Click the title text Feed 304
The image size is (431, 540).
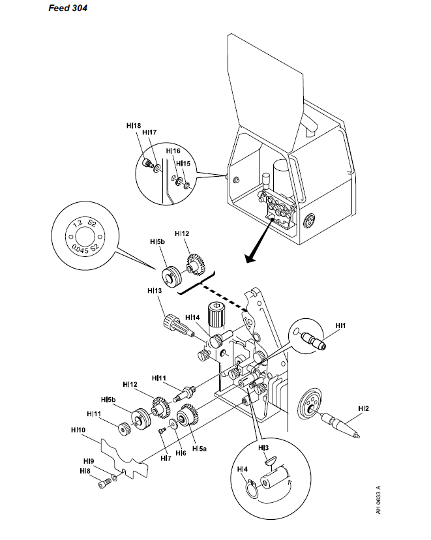click(x=68, y=8)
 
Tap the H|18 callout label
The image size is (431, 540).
click(x=134, y=126)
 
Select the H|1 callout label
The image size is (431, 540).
click(x=340, y=325)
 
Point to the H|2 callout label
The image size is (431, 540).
click(x=363, y=408)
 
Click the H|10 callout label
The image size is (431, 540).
click(x=78, y=430)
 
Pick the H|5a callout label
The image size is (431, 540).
click(x=200, y=449)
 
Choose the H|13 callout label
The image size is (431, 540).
click(x=155, y=291)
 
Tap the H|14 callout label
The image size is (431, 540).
click(x=192, y=317)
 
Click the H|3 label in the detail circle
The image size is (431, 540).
click(x=263, y=447)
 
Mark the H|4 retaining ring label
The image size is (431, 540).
click(x=243, y=470)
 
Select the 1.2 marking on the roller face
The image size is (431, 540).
click(x=78, y=222)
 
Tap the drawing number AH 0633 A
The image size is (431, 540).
click(x=378, y=500)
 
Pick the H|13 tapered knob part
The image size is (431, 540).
click(x=178, y=325)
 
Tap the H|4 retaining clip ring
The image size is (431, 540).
click(x=252, y=489)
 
